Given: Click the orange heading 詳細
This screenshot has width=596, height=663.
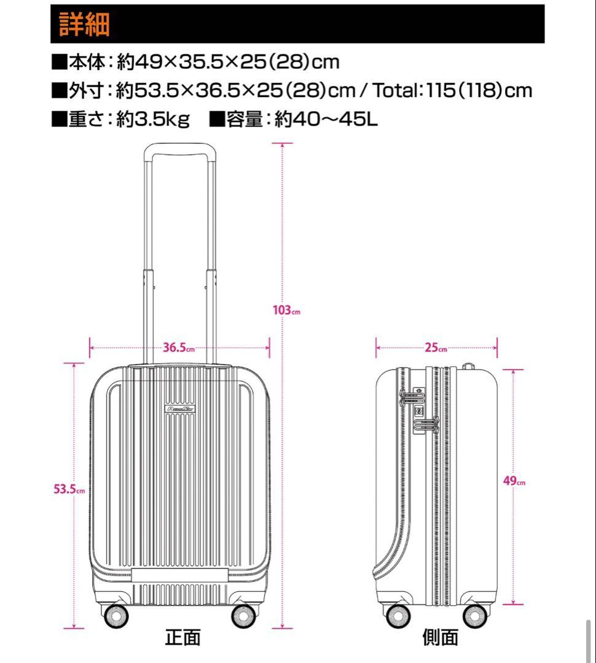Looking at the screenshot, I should tap(84, 24).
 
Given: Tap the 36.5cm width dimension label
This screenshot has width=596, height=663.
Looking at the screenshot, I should tap(178, 348).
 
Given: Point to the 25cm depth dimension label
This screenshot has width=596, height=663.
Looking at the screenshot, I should tap(436, 348).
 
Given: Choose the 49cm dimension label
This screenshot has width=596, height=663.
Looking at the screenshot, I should tap(514, 481).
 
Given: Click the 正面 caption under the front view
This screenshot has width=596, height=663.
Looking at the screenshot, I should tap(182, 638).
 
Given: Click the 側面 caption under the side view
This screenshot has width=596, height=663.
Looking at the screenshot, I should tap(440, 638).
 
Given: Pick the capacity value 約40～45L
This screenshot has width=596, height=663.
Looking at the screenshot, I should tap(326, 119).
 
